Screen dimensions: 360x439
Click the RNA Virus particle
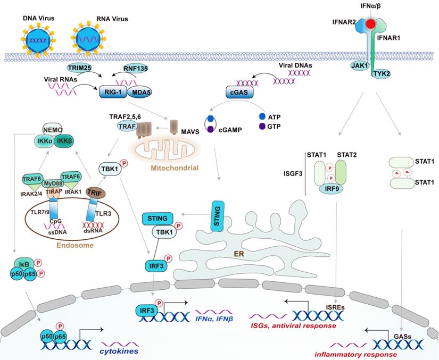pos(88,39)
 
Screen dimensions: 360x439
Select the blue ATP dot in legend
pos(261,115)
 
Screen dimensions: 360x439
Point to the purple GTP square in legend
pos(261,126)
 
